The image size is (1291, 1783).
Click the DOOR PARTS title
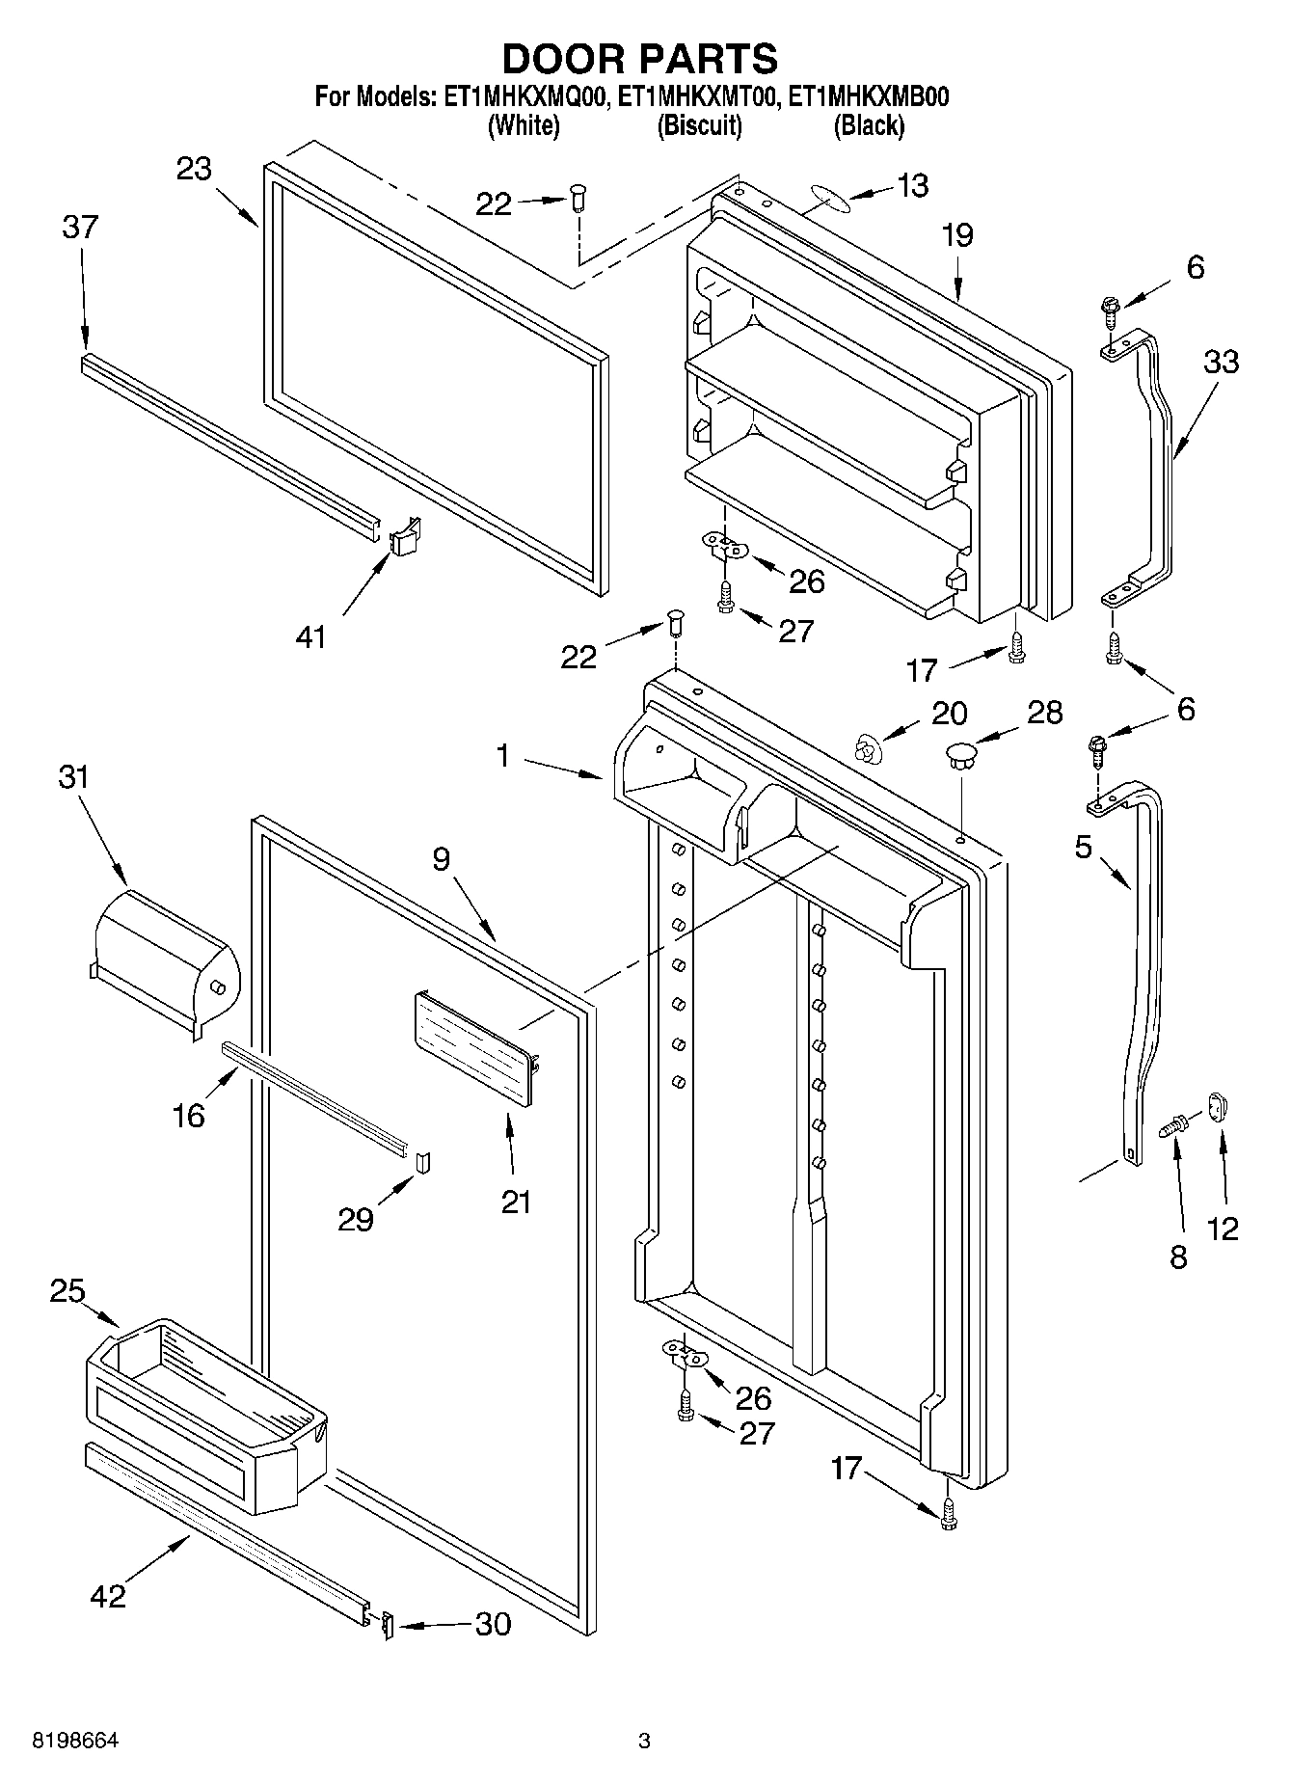[639, 59]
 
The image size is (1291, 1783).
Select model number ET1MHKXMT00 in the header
[697, 97]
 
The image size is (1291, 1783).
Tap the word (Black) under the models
[869, 125]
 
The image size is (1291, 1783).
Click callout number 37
[80, 228]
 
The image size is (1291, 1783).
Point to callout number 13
[912, 185]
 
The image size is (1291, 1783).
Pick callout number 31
[73, 776]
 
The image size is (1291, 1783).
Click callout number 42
[107, 1596]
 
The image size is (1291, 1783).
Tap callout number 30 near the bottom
[493, 1625]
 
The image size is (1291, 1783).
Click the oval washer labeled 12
[1218, 1107]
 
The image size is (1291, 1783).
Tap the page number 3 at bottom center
[644, 1741]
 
